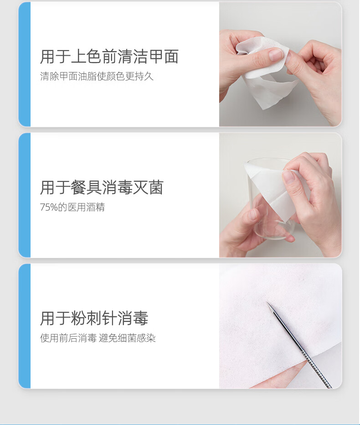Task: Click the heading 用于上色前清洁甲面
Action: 109,57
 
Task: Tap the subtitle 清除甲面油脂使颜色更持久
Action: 97,76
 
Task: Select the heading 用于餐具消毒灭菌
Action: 102,187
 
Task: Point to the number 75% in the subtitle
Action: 49,207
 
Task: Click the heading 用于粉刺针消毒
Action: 94,318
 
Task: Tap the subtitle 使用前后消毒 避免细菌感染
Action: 98,338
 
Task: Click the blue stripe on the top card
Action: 24,64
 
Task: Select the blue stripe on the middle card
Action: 24,195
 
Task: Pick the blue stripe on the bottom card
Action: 24,326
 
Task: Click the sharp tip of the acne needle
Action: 267,302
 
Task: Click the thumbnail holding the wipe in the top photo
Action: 276,54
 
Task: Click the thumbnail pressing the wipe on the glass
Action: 288,177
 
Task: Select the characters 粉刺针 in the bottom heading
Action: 94,318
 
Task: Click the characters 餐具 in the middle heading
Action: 86,187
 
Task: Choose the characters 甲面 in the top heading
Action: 163,57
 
